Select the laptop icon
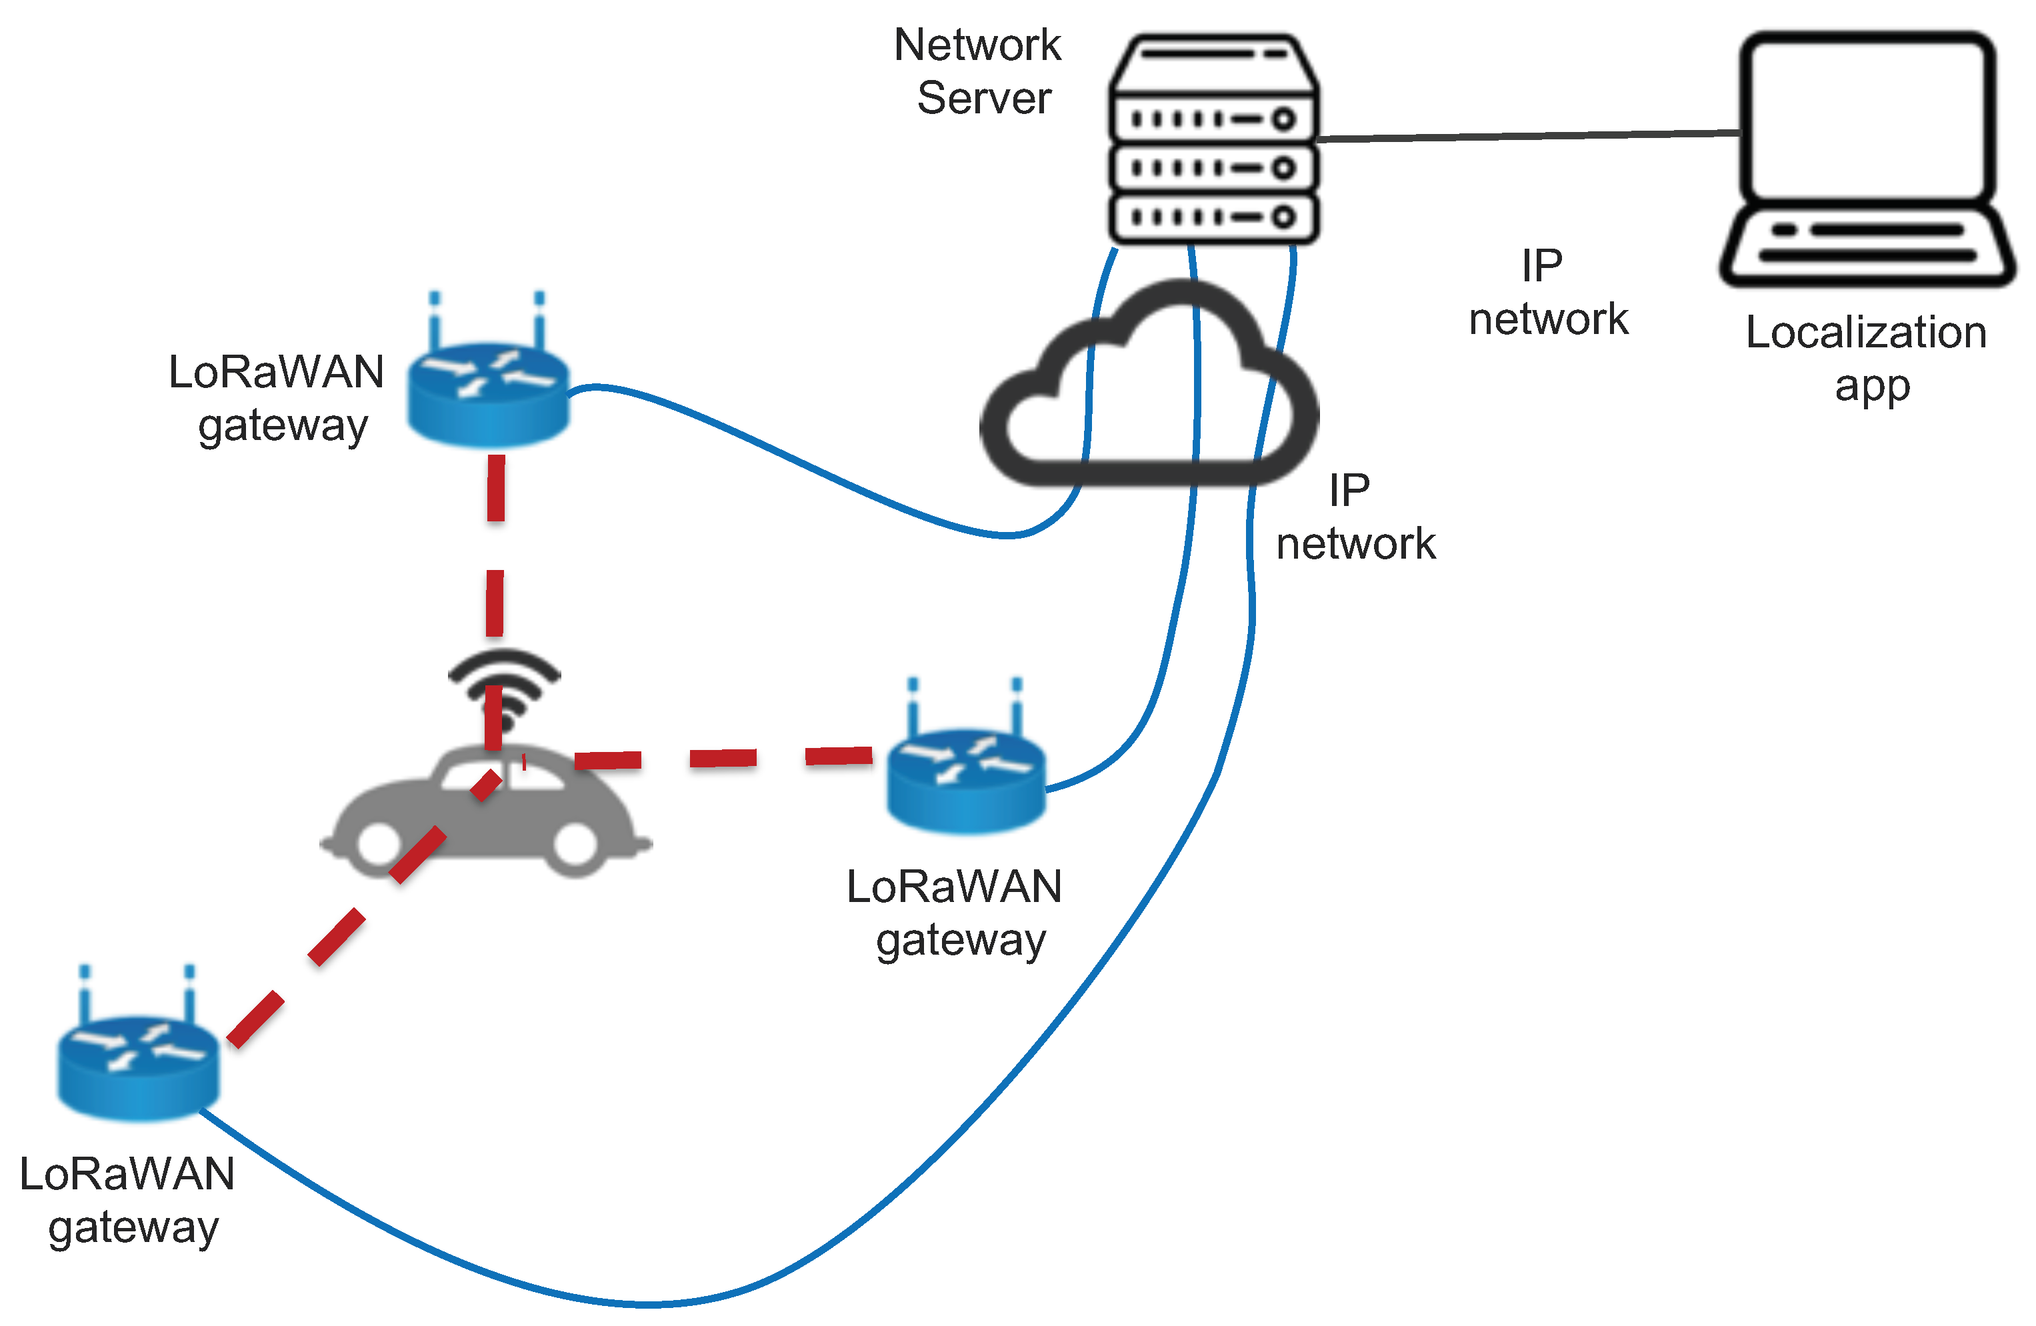(x=1867, y=158)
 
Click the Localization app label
(x=1867, y=357)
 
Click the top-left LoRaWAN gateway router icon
(x=487, y=393)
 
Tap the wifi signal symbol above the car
(x=505, y=685)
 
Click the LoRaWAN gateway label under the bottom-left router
(x=128, y=1199)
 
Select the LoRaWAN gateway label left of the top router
(x=275, y=399)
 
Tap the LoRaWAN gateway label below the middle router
(x=955, y=913)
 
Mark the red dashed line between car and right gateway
(x=723, y=758)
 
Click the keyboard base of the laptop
(x=1867, y=244)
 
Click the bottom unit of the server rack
(x=1213, y=217)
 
